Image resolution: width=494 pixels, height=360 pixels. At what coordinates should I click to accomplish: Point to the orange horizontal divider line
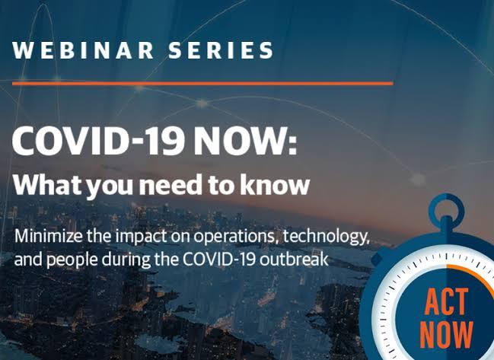pos(202,82)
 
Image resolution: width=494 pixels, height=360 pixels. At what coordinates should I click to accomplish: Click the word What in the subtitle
pos(46,183)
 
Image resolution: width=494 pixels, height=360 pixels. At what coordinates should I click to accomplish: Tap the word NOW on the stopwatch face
pos(446,336)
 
